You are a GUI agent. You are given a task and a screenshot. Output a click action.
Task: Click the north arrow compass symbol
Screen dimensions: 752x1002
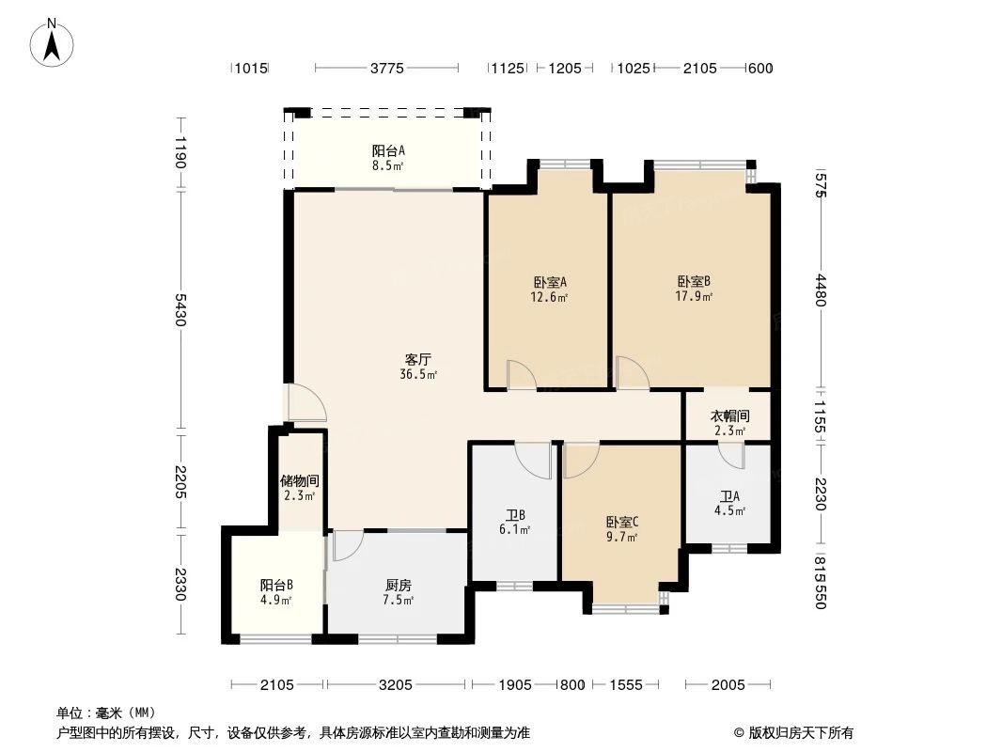[54, 42]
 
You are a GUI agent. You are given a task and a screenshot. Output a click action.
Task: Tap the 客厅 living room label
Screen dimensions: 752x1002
[418, 359]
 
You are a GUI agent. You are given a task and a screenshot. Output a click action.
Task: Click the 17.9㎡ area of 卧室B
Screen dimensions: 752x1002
[694, 297]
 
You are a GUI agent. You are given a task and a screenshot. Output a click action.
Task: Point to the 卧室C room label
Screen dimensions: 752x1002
[621, 522]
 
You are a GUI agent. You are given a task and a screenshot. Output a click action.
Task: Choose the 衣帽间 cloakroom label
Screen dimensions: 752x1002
[729, 415]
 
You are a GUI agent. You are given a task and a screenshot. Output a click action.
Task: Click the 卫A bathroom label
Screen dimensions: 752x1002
[729, 496]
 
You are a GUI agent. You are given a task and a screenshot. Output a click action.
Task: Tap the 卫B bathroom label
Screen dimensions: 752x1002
[514, 514]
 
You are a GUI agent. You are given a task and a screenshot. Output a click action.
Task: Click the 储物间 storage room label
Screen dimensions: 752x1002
[299, 480]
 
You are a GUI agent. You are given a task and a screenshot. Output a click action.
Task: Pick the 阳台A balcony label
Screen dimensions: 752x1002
[387, 150]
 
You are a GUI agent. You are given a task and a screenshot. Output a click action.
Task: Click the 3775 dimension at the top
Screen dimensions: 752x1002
[386, 68]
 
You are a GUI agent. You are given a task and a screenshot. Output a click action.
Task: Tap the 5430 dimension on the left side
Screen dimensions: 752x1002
[180, 309]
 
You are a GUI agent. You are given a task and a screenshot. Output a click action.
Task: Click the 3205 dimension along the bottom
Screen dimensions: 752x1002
[396, 684]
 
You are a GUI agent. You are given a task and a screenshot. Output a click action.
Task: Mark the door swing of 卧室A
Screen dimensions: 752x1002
[521, 375]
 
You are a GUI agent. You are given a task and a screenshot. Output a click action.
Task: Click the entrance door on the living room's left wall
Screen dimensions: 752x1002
[306, 403]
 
